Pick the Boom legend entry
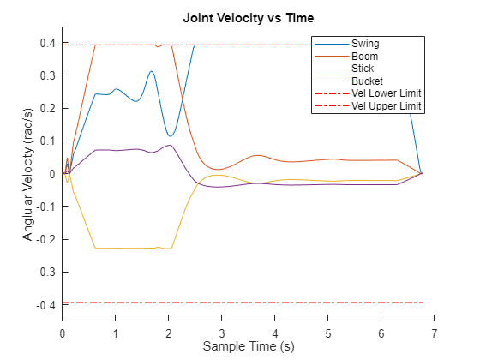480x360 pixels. coord(366,56)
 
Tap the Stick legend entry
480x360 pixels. coord(365,69)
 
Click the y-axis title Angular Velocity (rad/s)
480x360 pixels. coord(28,174)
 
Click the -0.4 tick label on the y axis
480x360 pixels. coord(46,305)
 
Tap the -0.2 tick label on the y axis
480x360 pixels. coord(46,239)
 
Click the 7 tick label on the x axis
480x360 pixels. coord(434,333)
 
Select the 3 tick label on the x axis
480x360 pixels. coord(221,333)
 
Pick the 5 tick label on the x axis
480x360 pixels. coord(327,333)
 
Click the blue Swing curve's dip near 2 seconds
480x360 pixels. coord(171,135)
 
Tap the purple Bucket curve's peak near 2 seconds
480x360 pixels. coord(169,145)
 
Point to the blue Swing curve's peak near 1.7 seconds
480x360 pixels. coord(152,72)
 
